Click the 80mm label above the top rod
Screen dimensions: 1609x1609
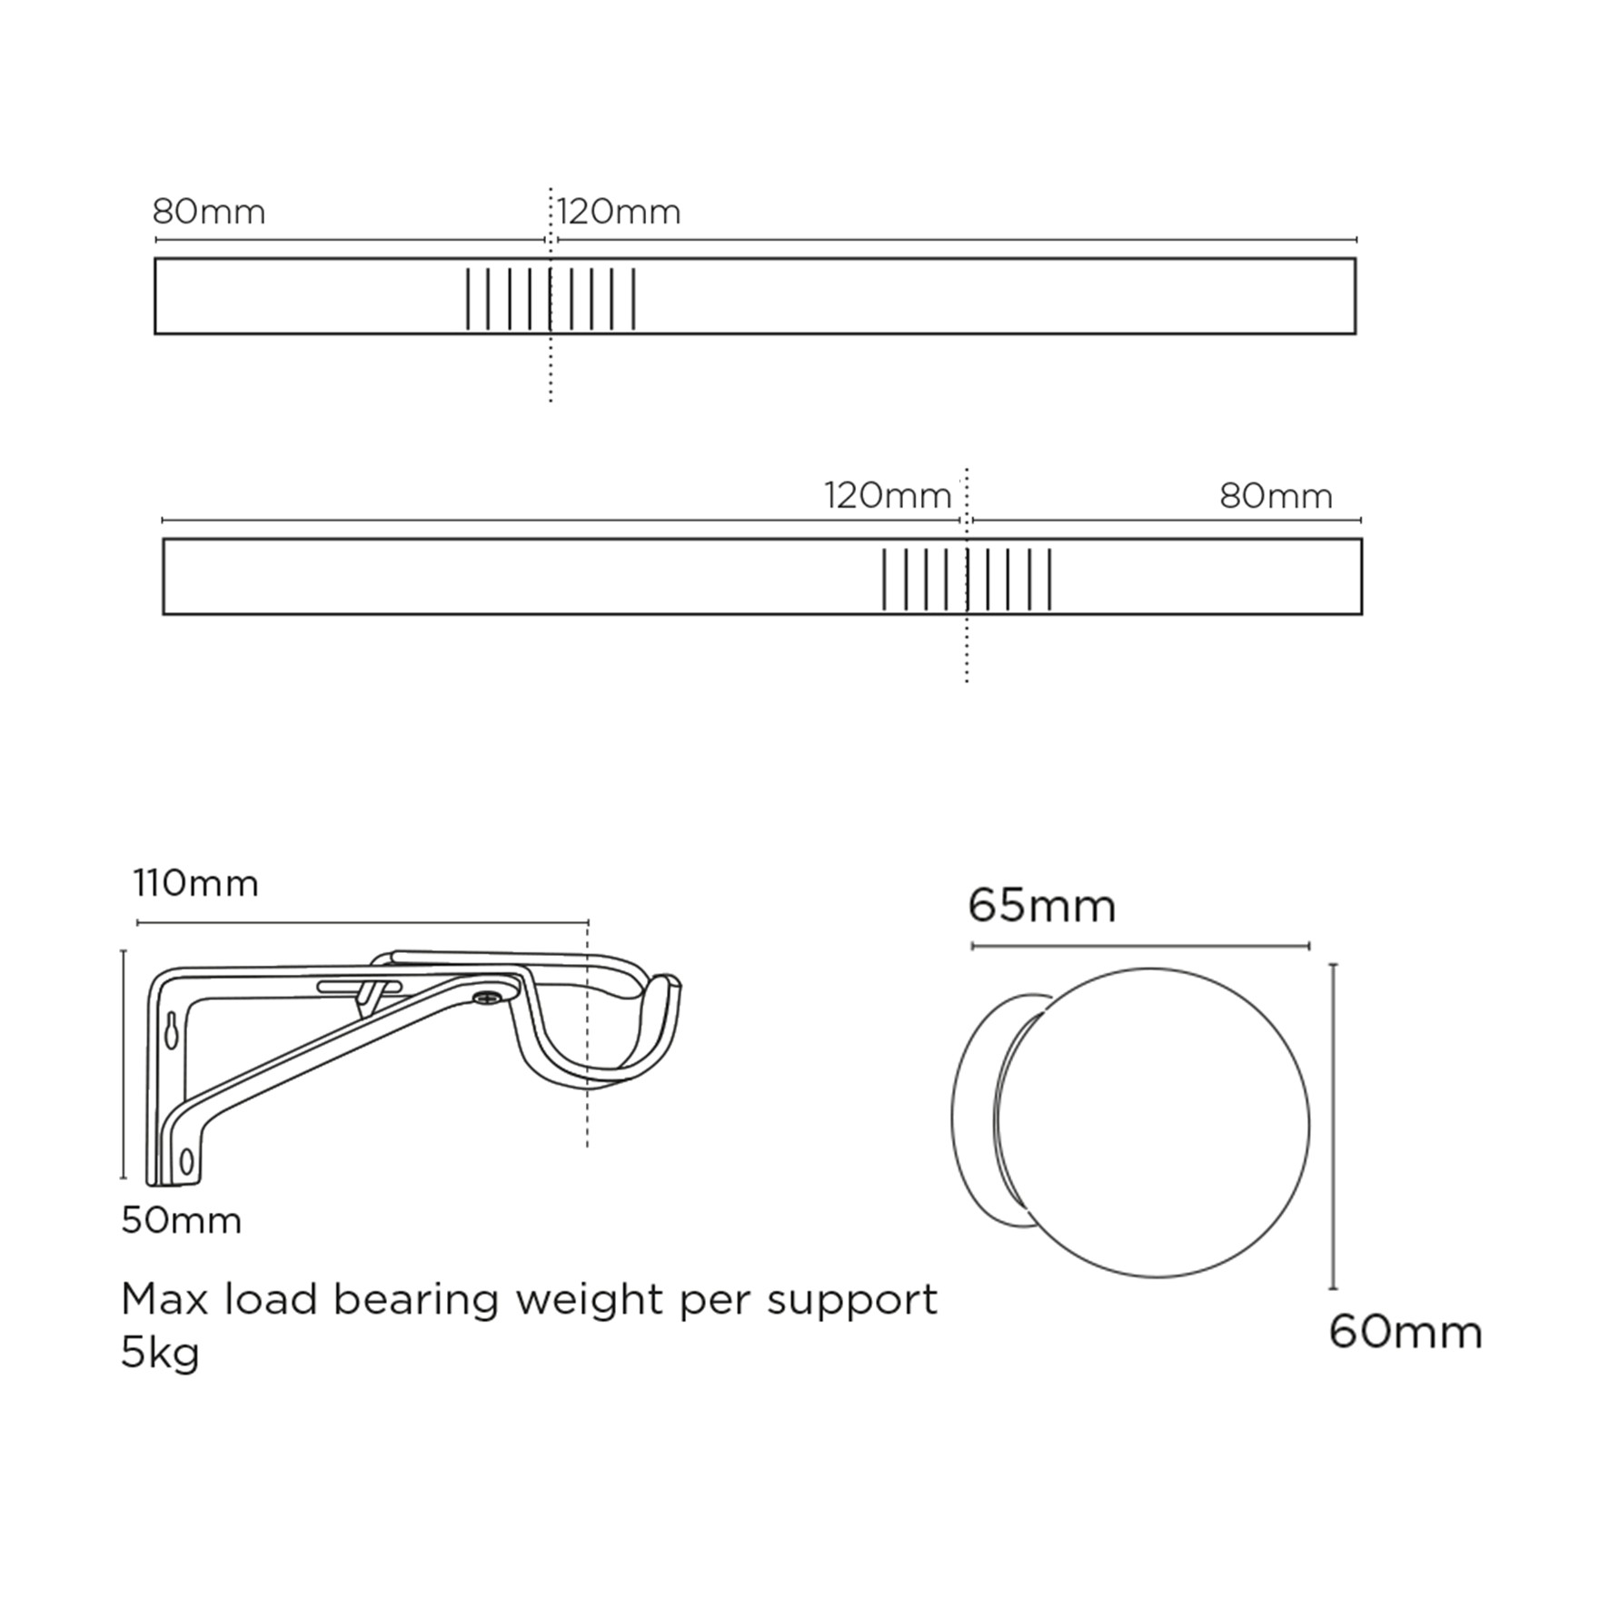coord(209,213)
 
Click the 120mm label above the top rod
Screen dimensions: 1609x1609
coord(619,213)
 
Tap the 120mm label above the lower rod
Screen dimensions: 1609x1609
coord(888,496)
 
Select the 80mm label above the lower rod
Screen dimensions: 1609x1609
coord(1276,496)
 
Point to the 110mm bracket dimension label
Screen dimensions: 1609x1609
coord(196,883)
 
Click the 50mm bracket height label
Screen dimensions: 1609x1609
coord(182,1220)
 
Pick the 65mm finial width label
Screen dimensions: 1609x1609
coord(1042,906)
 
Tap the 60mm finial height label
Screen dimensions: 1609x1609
coord(1405,1332)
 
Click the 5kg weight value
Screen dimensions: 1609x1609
coord(160,1353)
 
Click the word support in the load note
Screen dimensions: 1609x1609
coord(852,1300)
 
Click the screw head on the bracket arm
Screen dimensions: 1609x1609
coord(487,998)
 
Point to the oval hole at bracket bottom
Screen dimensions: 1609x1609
coord(187,1160)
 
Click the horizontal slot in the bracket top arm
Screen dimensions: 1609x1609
coord(358,987)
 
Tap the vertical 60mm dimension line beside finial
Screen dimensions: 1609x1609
coord(1333,1127)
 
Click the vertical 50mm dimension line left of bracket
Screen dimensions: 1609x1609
coord(124,1063)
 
